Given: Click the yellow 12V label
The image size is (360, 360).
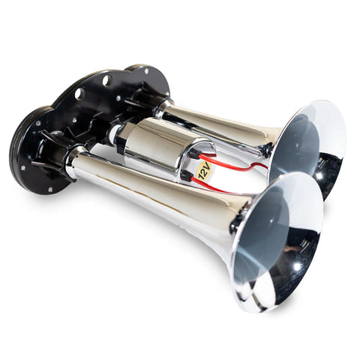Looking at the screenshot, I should [x=202, y=172].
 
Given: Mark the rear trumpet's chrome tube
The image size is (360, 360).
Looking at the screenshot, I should [x=217, y=124].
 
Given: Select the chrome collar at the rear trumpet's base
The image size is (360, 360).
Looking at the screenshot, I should [x=161, y=108].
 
